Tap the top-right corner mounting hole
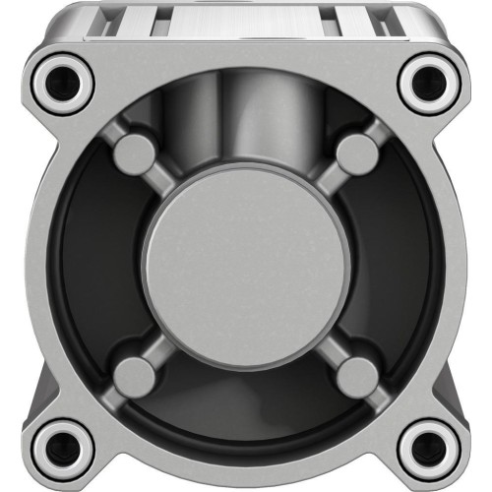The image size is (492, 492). click(429, 82)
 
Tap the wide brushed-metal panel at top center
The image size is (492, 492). click(246, 20)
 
